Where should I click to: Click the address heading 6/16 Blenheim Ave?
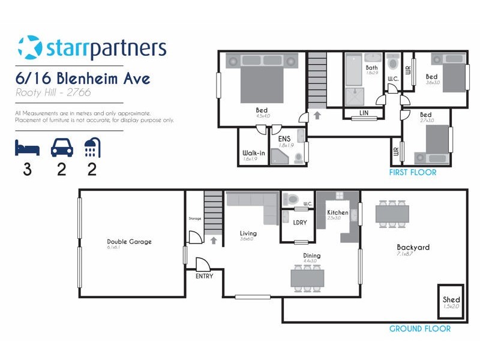point(82,79)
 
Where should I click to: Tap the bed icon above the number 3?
point(27,148)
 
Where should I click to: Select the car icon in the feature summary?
point(61,148)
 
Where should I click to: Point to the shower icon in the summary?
point(92,148)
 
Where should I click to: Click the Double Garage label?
point(129,242)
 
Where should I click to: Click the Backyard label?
point(413,247)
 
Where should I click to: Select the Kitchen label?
point(337,213)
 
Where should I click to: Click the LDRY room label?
point(300,223)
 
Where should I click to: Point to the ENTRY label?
point(204,277)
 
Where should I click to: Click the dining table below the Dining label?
point(307,278)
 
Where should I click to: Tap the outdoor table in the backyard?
point(392,213)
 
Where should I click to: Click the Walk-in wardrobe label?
point(254,153)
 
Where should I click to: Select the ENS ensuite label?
point(284,139)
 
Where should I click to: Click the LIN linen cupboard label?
point(364,113)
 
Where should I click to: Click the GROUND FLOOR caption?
point(420,329)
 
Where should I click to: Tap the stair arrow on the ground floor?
point(213,240)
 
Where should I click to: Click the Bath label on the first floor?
point(372,68)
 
